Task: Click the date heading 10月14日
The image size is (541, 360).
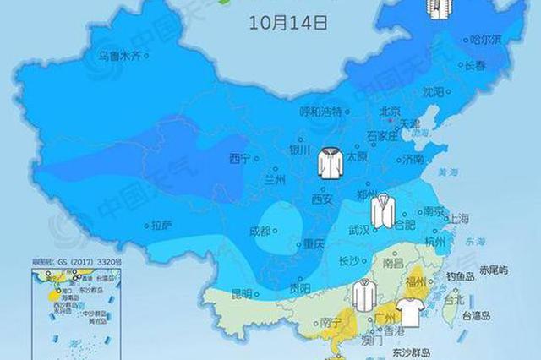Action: (287, 23)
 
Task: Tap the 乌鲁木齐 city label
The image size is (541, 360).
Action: (119, 57)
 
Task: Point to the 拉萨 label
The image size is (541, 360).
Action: (161, 226)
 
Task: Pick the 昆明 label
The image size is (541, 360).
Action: (241, 293)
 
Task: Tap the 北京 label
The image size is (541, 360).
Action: (390, 111)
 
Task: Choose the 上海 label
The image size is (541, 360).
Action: (460, 218)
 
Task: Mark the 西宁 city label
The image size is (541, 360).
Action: (240, 158)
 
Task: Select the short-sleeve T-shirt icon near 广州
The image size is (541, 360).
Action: (410, 311)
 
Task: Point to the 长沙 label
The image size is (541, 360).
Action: (347, 261)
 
